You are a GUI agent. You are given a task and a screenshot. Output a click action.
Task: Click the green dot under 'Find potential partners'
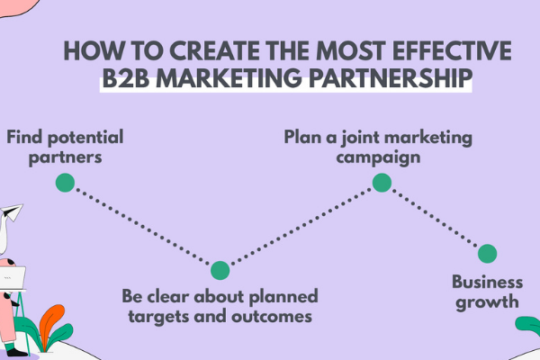pos(64,183)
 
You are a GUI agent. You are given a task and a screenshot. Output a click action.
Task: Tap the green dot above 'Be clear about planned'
pos(220,270)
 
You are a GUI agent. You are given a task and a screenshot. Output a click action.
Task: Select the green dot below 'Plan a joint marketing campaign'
pos(382,183)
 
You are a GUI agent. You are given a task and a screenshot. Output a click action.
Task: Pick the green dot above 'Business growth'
pos(487,254)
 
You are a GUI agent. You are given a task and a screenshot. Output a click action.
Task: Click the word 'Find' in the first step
pos(24,138)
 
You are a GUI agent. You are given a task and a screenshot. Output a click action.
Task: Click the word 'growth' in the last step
pos(486,301)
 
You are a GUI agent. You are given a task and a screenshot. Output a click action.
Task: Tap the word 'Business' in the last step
pos(486,281)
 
